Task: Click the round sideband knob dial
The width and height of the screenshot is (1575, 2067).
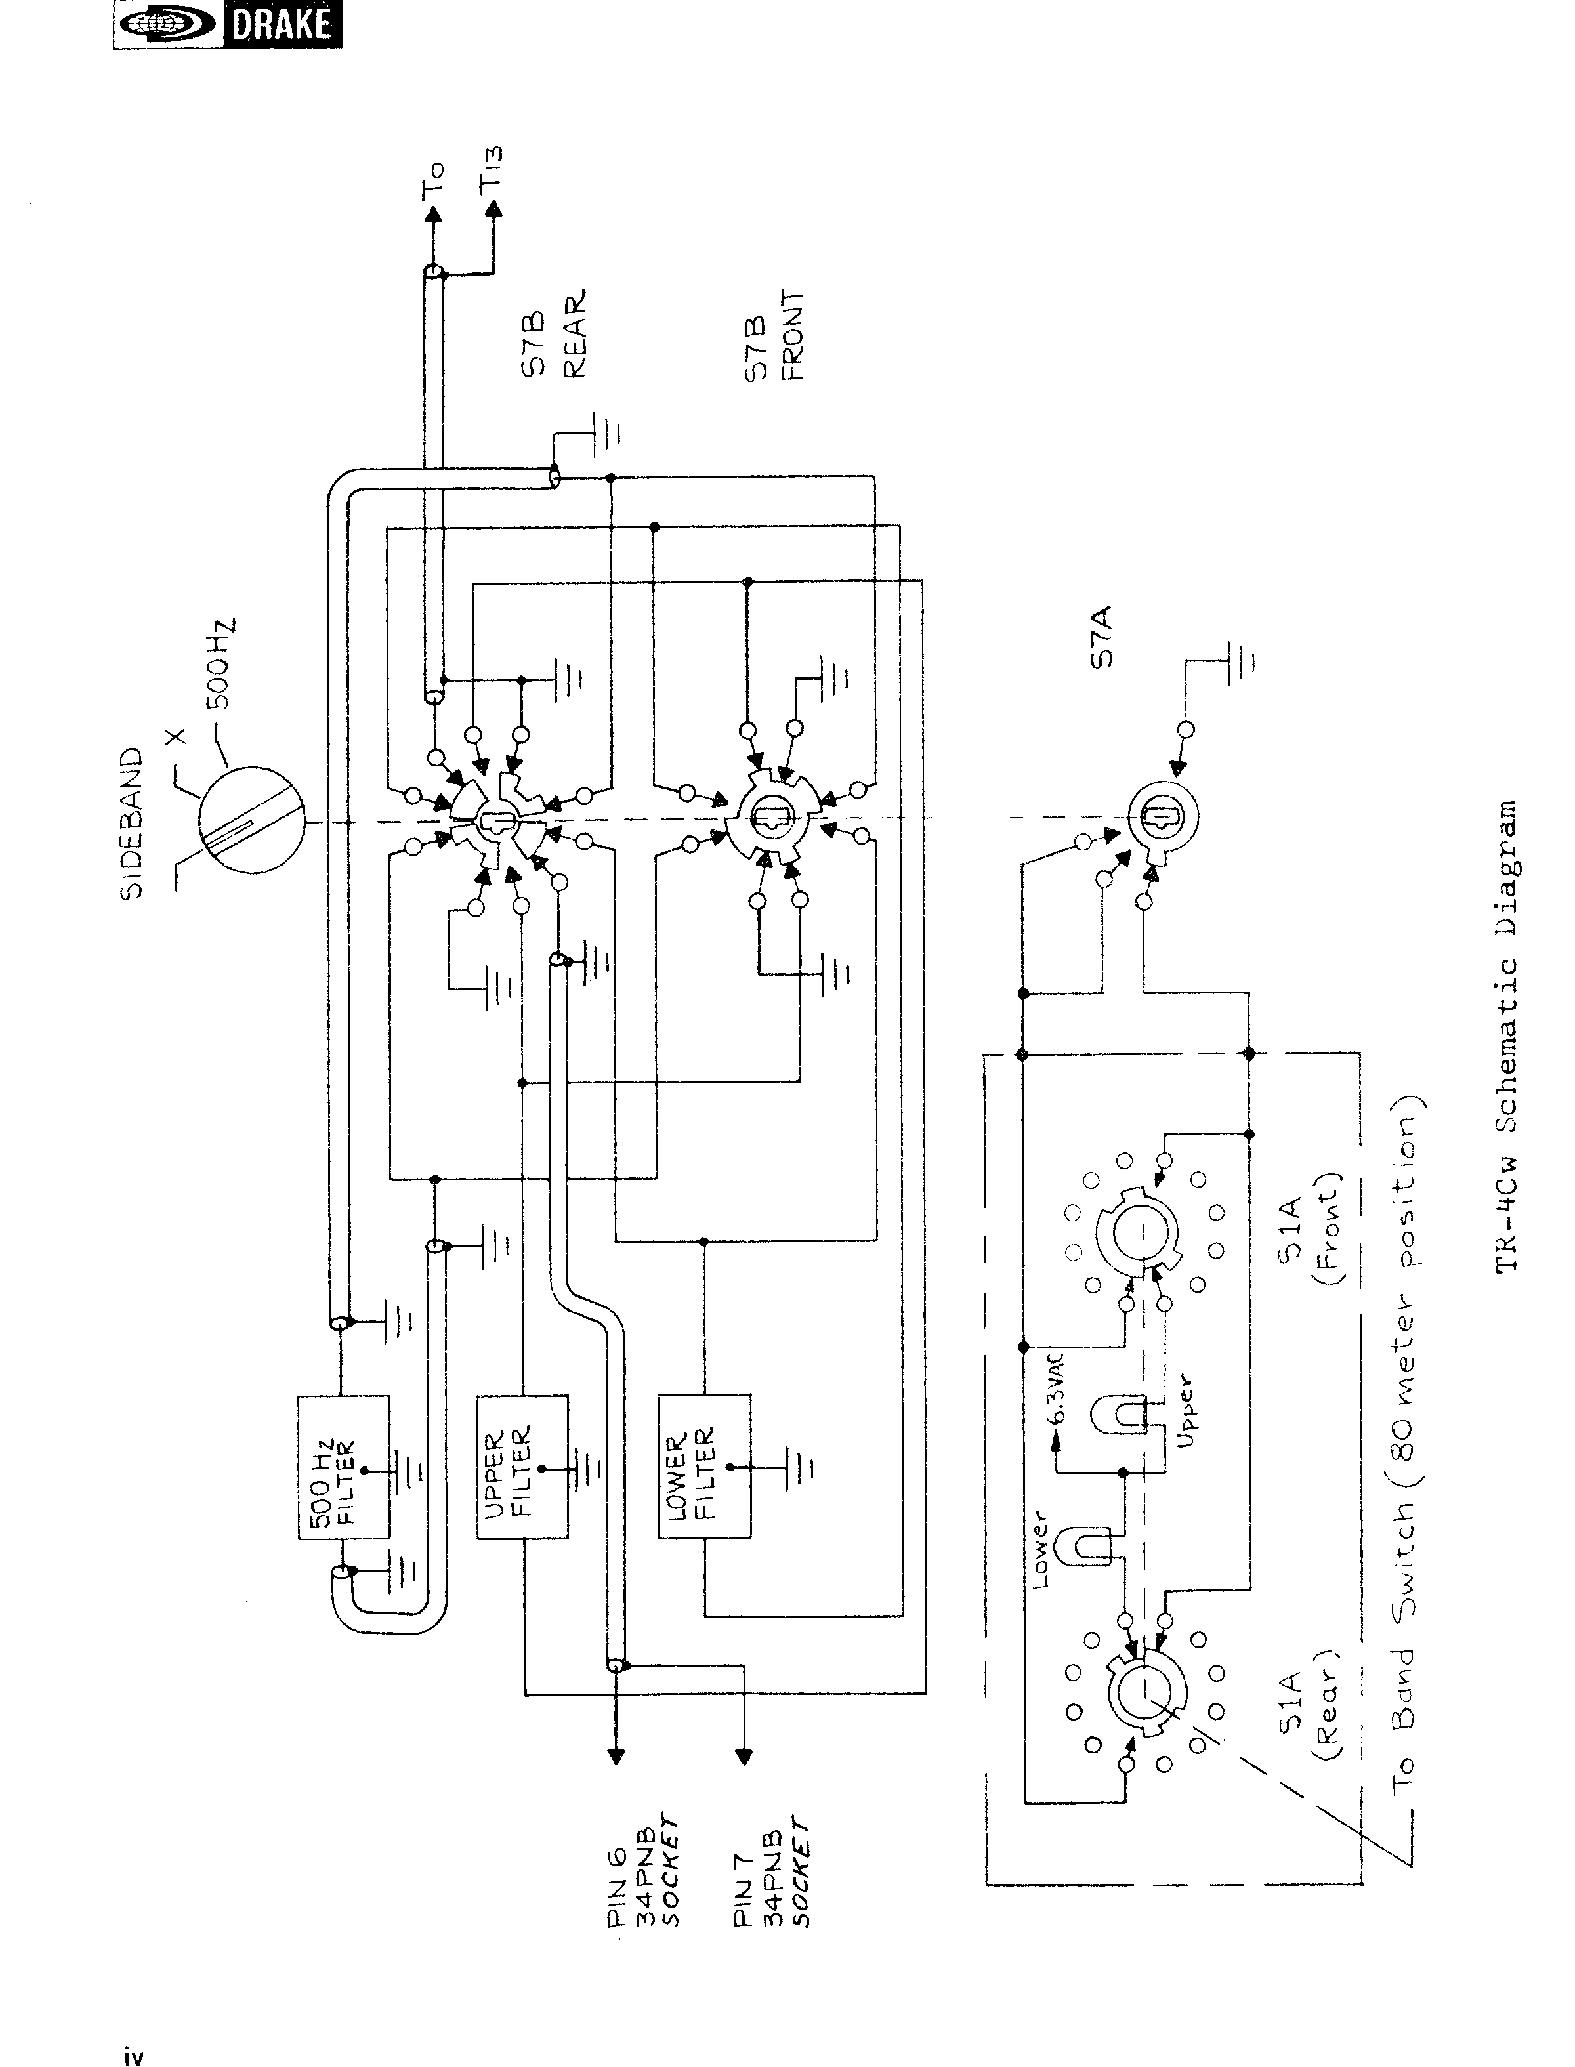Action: pos(252,820)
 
